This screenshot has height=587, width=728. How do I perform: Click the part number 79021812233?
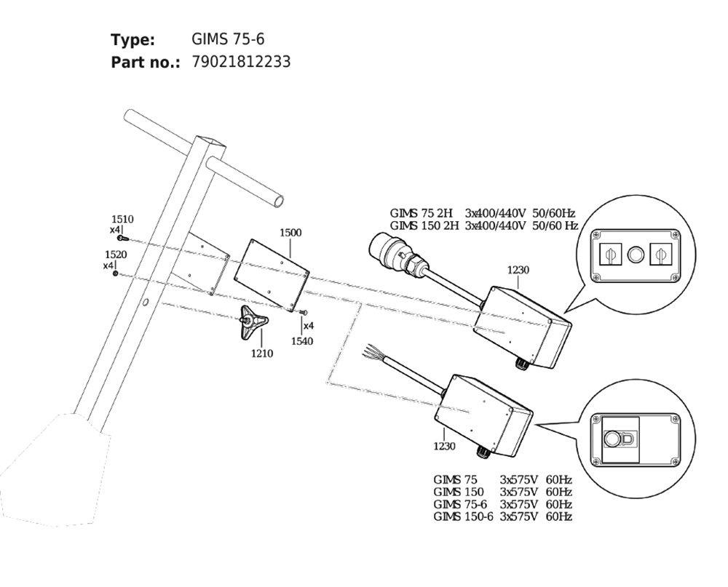click(241, 62)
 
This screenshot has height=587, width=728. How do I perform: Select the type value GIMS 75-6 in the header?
click(228, 39)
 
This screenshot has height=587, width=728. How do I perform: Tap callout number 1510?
click(122, 219)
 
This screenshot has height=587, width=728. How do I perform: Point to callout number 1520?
click(116, 255)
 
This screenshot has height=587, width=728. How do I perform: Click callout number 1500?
click(290, 233)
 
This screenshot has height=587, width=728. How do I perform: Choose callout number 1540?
click(302, 341)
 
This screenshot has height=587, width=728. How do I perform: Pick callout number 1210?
click(262, 353)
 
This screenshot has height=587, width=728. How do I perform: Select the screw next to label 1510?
click(122, 238)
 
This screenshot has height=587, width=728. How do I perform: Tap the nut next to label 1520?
click(115, 273)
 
